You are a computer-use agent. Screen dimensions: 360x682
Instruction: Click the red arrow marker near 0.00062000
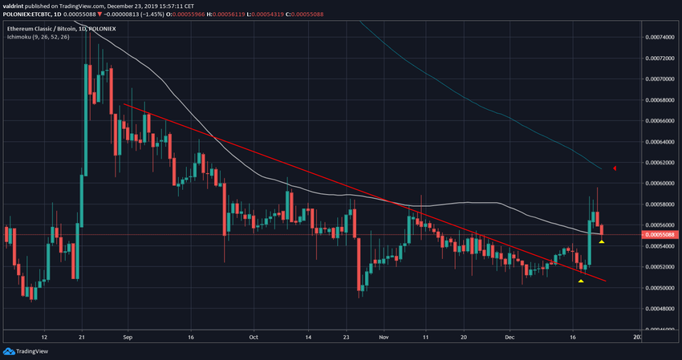tap(614, 168)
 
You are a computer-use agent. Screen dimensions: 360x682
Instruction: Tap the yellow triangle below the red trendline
tap(581, 281)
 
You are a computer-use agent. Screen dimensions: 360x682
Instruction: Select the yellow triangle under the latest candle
tap(602, 241)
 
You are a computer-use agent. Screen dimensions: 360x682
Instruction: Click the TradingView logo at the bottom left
tap(30, 351)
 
